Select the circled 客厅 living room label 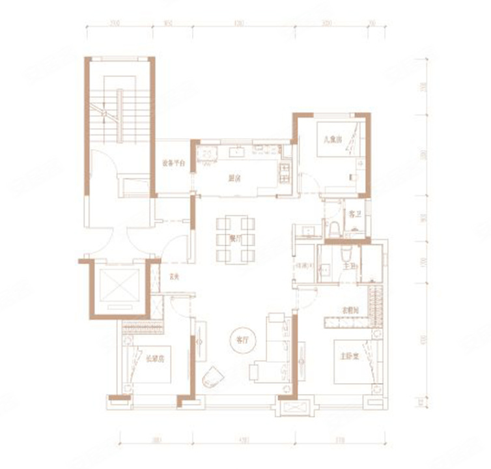[x=240, y=339]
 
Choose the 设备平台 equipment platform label [x=173, y=165]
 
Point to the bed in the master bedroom [x=352, y=362]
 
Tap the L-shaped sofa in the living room [x=274, y=352]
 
